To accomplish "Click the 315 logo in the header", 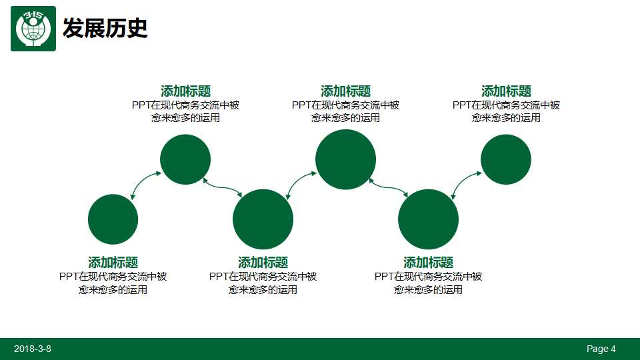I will [33, 28].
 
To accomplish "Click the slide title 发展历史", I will [105, 28].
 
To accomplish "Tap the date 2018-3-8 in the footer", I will [33, 349].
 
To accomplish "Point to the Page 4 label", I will [601, 349].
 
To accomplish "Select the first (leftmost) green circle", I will [113, 219].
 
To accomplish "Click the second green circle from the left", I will [185, 159].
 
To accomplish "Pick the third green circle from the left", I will [263, 219].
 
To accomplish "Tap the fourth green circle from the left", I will [345, 159].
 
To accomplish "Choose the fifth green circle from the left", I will [428, 219].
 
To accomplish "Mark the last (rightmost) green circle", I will [505, 159].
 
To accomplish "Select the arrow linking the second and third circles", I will [223, 186].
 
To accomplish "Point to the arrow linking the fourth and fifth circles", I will [387, 186].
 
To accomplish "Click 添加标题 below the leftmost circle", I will [113, 262].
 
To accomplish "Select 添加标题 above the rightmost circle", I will [506, 91].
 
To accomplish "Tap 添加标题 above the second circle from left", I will [185, 91].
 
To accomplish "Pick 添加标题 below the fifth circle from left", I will [428, 262].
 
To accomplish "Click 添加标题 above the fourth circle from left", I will [345, 91].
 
